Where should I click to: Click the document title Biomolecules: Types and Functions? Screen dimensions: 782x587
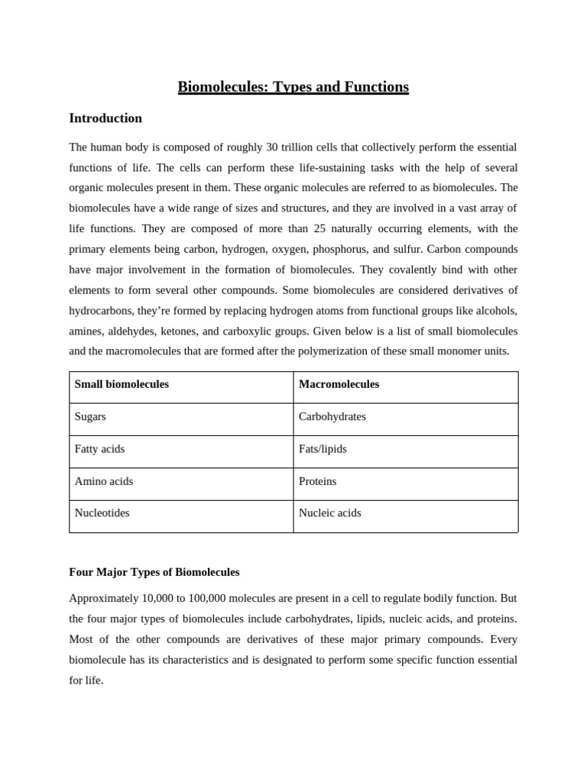click(x=293, y=87)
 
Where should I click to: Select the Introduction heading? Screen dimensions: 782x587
click(x=105, y=118)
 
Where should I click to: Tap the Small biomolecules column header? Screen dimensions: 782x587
click(x=122, y=384)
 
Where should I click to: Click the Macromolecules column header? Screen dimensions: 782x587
click(x=339, y=384)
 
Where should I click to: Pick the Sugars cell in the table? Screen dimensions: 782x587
click(x=90, y=417)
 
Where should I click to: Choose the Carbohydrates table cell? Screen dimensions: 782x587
click(x=332, y=417)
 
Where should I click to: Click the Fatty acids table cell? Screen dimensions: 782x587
click(x=99, y=449)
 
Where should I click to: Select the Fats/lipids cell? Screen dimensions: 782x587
click(x=323, y=449)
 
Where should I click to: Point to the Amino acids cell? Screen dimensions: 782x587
click(x=103, y=481)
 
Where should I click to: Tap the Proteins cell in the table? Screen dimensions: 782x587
click(x=317, y=481)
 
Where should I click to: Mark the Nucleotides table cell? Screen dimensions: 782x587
click(x=102, y=513)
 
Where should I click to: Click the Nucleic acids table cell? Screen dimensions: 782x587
click(x=329, y=513)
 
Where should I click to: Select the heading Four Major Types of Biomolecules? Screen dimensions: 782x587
click(x=154, y=572)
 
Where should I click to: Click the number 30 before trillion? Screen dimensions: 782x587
click(x=271, y=147)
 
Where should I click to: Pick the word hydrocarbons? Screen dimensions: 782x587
click(x=99, y=312)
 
